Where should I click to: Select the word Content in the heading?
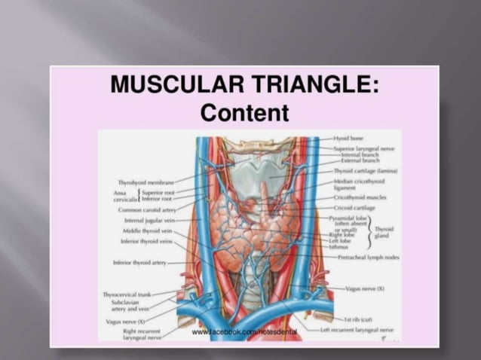(x=245, y=112)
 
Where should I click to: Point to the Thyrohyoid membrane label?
(x=146, y=182)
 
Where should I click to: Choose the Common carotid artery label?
(x=147, y=209)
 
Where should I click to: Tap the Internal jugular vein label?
(x=149, y=221)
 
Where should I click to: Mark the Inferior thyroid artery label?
(x=139, y=262)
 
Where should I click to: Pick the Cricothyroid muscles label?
(x=361, y=197)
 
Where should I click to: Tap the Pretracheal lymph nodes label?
(x=369, y=257)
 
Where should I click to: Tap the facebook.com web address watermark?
(x=244, y=331)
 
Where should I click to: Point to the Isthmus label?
(x=339, y=246)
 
